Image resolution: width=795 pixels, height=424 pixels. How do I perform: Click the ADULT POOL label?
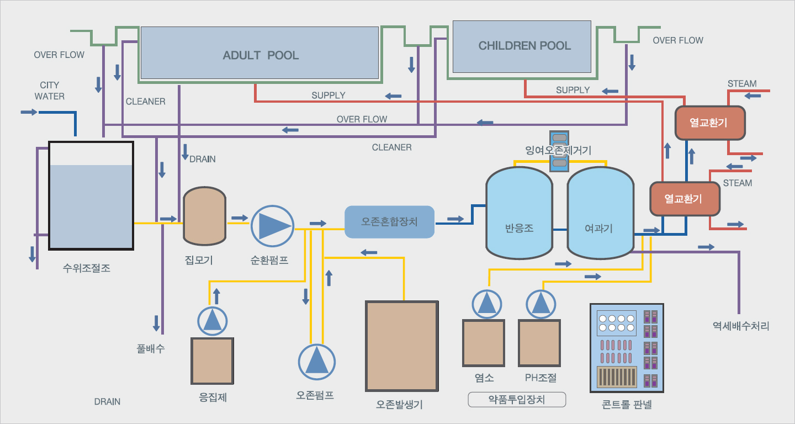(x=261, y=55)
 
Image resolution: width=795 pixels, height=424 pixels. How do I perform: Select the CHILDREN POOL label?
(x=524, y=46)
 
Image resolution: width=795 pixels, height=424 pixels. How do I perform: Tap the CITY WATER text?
(x=50, y=91)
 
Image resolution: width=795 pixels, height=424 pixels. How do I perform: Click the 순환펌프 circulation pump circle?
(x=272, y=225)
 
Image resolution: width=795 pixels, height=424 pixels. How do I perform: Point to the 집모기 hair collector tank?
(x=204, y=216)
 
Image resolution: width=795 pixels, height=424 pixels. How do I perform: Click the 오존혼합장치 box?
(x=389, y=222)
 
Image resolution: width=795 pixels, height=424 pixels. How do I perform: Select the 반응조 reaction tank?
(x=519, y=212)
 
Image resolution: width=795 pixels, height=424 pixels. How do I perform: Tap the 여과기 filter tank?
(x=600, y=213)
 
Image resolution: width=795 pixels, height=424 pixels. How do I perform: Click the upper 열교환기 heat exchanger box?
(x=710, y=122)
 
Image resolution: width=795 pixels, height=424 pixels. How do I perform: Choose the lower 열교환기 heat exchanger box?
(x=685, y=199)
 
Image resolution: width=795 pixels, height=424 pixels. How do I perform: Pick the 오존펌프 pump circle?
(x=317, y=362)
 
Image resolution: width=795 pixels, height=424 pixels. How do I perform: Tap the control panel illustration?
(x=627, y=347)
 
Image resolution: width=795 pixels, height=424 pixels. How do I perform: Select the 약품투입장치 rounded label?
(x=517, y=399)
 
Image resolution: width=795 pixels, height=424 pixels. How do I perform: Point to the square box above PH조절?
(x=539, y=343)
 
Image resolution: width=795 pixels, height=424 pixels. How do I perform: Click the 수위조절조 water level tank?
(x=91, y=196)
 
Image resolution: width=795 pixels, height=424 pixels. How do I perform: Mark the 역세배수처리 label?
(x=740, y=326)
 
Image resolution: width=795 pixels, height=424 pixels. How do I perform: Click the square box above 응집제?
(x=213, y=361)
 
